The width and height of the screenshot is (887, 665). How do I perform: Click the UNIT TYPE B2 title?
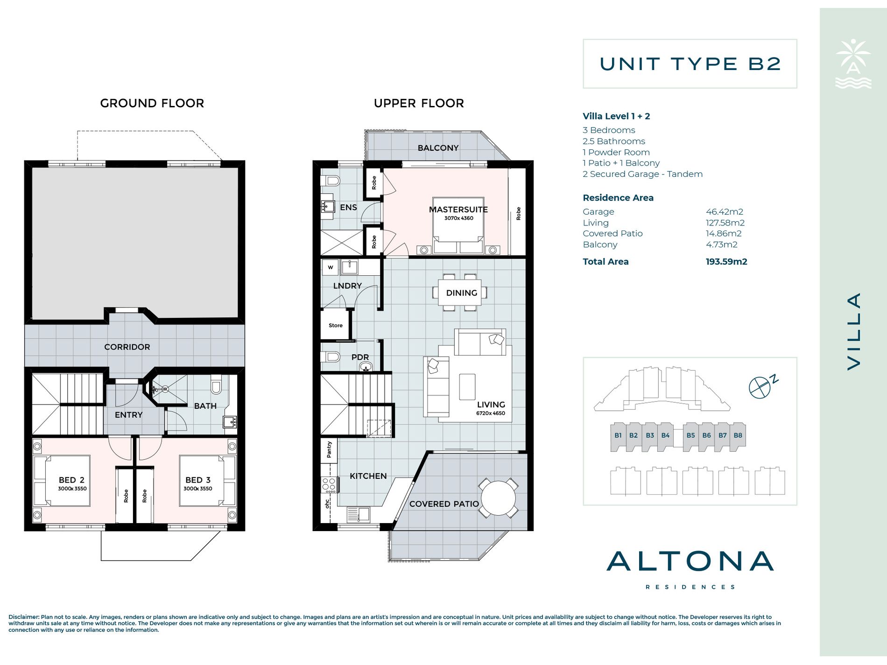tap(690, 64)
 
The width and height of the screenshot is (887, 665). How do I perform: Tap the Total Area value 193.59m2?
tap(726, 262)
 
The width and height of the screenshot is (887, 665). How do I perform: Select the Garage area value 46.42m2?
tap(725, 212)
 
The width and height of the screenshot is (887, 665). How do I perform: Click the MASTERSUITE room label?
tap(458, 210)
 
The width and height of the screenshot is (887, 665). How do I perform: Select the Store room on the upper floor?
tap(335, 325)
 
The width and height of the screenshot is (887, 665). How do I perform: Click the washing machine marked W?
tap(331, 267)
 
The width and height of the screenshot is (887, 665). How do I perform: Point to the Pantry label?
tap(329, 450)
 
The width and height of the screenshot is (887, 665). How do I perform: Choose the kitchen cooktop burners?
tap(329, 485)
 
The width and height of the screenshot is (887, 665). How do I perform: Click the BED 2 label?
tap(71, 480)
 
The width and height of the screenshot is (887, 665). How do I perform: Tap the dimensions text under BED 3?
tap(198, 489)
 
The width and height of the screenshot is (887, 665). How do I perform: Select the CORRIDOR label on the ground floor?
tap(127, 347)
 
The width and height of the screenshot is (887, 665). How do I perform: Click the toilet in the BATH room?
tap(216, 385)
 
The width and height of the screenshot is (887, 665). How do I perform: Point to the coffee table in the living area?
tap(467, 387)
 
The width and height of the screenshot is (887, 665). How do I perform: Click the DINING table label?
tap(462, 293)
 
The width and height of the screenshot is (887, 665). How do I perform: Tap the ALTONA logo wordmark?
tap(690, 561)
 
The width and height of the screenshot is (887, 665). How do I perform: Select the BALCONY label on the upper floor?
tap(438, 148)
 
